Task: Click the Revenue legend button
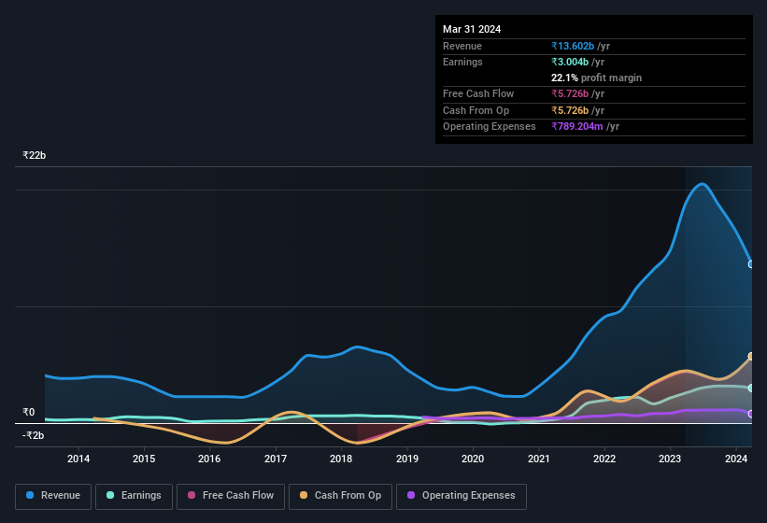tap(53, 496)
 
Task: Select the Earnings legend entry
tap(135, 496)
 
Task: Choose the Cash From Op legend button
tap(340, 496)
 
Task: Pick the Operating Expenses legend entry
tap(461, 496)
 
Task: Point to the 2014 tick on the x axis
tap(78, 459)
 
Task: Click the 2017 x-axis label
tap(276, 459)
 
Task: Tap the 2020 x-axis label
tap(473, 459)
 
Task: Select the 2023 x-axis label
tap(670, 459)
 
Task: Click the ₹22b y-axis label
tap(35, 155)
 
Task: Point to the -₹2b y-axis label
tap(34, 435)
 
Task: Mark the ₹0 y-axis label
tap(29, 412)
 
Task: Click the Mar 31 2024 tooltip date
tap(472, 29)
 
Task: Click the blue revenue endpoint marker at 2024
tap(751, 264)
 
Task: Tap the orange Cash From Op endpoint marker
tap(751, 357)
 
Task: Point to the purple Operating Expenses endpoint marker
tap(751, 414)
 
